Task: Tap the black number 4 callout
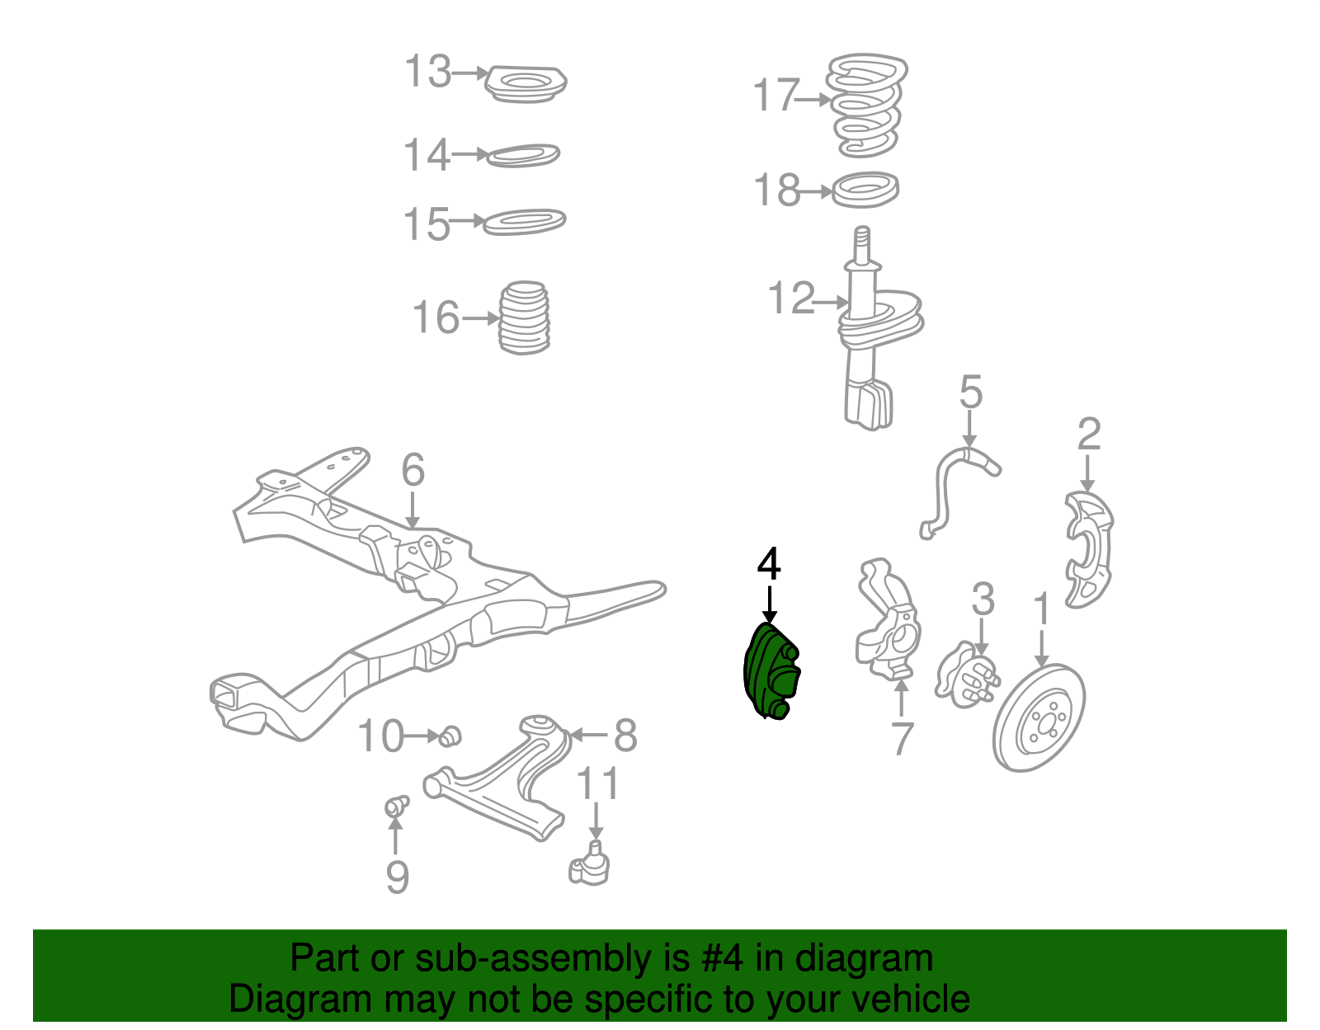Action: coord(769,566)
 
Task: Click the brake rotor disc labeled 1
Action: coord(1039,717)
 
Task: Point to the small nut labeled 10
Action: coord(450,735)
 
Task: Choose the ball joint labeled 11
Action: coord(590,864)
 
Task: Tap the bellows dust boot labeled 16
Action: coord(524,319)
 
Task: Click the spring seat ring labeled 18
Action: coord(865,190)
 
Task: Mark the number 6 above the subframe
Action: coord(412,470)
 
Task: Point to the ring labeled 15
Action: coord(524,222)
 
